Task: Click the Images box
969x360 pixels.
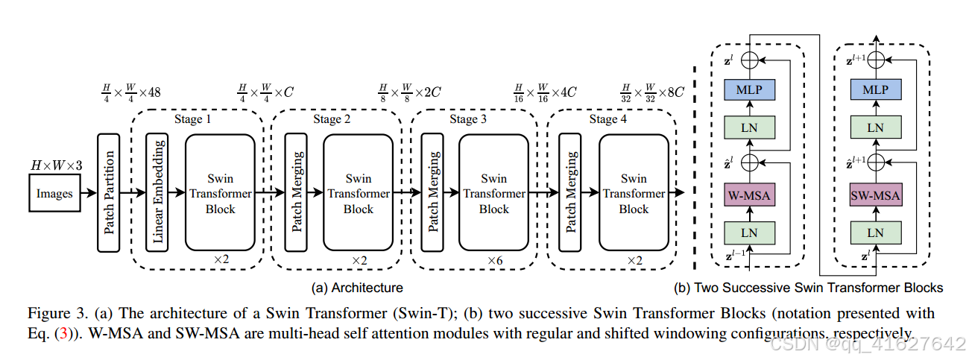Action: [x=55, y=194]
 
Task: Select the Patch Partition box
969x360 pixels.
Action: [x=110, y=194]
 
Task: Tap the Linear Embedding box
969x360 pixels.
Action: [x=157, y=194]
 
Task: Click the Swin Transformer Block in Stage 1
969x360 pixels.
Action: [x=220, y=194]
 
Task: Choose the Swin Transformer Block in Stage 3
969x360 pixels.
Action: [x=493, y=194]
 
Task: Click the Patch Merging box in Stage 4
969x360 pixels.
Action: [x=570, y=194]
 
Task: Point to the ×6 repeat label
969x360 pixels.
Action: [x=495, y=261]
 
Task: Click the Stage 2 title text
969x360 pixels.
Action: [x=327, y=119]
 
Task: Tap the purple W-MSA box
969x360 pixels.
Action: [x=750, y=197]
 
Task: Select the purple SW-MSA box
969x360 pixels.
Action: [x=876, y=197]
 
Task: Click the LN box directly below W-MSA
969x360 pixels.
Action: [x=750, y=233]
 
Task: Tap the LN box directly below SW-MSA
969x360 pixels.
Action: [x=876, y=233]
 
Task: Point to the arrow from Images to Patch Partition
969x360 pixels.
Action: [x=87, y=194]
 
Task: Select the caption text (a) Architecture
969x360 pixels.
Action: [x=357, y=288]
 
